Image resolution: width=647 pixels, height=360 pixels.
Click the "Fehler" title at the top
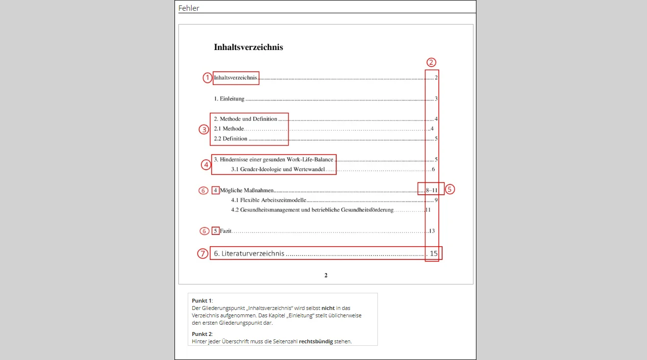tap(189, 8)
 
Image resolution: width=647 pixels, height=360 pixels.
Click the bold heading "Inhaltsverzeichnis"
tap(248, 47)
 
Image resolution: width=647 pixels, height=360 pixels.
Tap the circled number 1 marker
tap(207, 77)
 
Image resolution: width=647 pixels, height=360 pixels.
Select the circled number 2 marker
tap(431, 62)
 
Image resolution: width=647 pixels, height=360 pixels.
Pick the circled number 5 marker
tap(450, 189)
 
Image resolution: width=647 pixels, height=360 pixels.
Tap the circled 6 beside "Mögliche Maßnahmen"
tap(203, 190)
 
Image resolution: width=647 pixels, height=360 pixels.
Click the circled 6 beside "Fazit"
tap(203, 231)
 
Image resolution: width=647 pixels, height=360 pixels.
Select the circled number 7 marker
tap(202, 254)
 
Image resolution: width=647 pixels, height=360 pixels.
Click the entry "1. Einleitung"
tap(229, 99)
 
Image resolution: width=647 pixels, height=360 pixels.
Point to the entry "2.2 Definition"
tap(230, 139)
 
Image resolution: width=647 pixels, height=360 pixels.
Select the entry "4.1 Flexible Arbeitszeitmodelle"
tap(269, 200)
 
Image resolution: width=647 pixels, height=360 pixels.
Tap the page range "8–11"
tap(431, 190)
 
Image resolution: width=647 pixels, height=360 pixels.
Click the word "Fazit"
tap(225, 231)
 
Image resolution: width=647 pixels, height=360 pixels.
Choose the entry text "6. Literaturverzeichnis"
tap(249, 254)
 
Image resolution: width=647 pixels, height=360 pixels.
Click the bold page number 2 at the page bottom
tap(325, 275)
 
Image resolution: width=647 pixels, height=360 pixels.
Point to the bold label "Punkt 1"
tap(202, 300)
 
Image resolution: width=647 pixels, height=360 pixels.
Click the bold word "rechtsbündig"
tap(316, 341)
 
